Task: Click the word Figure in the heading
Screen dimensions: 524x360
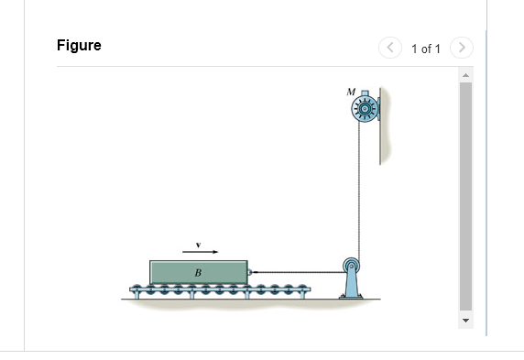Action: point(79,46)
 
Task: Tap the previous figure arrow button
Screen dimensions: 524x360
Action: point(391,47)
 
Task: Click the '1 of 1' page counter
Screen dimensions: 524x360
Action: point(426,48)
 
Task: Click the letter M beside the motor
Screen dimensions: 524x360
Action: point(350,92)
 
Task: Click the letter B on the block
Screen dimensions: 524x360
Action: point(197,273)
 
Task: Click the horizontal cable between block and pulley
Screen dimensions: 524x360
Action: point(302,272)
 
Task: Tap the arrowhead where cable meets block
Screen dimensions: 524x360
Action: point(254,272)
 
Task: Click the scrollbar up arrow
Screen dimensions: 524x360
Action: point(464,73)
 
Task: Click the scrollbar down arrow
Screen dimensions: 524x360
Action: point(464,321)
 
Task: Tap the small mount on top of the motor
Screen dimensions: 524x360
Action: point(366,93)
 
